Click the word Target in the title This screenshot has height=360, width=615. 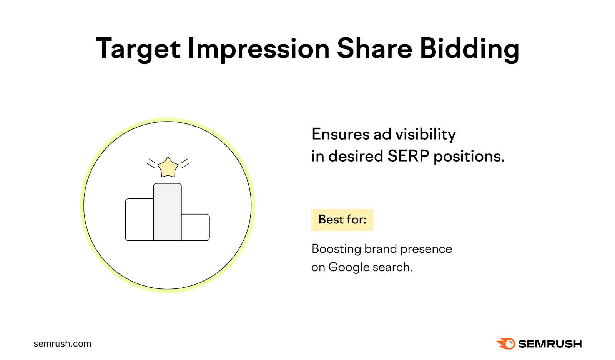point(138,49)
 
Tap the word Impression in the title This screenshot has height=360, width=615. point(258,49)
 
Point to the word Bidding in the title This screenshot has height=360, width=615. point(469,49)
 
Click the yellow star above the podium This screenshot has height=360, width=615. point(168,168)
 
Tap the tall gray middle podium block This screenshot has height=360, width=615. point(168,212)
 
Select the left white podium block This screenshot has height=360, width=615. point(140,220)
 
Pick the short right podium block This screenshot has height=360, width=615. point(195,227)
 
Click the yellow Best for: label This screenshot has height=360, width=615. point(342,220)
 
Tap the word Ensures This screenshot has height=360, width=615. point(340,134)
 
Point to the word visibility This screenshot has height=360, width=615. point(426,134)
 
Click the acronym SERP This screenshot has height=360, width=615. point(408,156)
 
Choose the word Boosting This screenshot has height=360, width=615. point(336,249)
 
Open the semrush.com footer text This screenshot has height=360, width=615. point(62,343)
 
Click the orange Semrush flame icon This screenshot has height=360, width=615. point(506,343)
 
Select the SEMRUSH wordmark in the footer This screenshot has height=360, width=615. point(550,344)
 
